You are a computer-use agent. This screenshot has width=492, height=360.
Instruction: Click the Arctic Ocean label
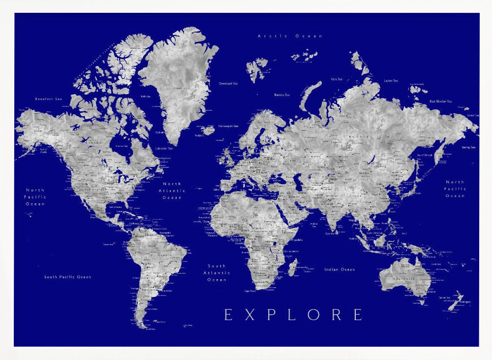290,36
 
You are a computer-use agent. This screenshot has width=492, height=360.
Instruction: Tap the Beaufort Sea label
49,99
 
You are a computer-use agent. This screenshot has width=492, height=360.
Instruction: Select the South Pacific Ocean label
67,277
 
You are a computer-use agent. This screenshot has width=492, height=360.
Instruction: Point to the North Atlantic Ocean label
172,191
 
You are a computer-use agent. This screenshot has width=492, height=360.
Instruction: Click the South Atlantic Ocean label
217,273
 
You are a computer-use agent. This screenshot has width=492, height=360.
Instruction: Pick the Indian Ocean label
339,269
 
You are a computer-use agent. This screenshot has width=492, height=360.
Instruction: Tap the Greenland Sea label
228,84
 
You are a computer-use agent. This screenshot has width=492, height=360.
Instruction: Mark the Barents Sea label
282,95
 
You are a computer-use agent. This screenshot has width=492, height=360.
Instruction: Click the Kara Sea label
337,79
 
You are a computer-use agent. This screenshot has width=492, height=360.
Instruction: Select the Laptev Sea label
391,80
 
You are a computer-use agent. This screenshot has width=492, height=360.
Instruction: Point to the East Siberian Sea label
440,101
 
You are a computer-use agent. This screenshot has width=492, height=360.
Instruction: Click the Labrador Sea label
164,148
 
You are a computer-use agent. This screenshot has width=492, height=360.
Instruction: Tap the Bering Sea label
468,147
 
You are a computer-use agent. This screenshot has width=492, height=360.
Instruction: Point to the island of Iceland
208,130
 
